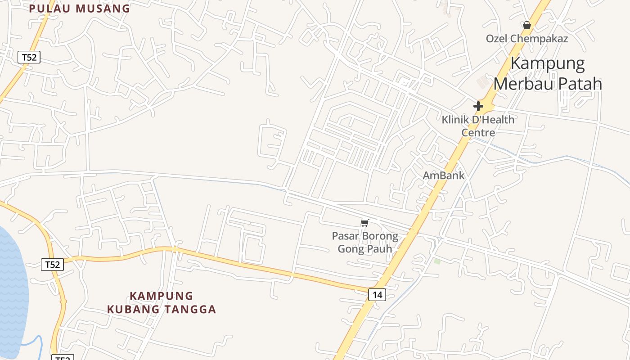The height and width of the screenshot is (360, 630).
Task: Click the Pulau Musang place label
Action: pos(80,9)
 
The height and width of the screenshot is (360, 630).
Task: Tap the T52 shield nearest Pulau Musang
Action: pos(29,57)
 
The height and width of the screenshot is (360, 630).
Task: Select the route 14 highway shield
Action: pos(377,295)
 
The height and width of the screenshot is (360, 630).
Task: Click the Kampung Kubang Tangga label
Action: pos(162,302)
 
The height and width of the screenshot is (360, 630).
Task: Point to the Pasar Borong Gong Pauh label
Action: pos(365,242)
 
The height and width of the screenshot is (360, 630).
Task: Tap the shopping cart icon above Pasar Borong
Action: pos(365,223)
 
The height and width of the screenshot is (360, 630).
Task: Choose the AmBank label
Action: pos(443,175)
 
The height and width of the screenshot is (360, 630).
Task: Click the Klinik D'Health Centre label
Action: pos(478,126)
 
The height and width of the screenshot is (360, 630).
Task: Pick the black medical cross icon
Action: pos(478,106)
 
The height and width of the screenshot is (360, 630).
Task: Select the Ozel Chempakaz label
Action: pos(526,39)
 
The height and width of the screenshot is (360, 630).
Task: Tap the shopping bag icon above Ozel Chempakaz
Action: pos(527,25)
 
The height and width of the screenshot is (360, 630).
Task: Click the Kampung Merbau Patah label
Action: pos(548,74)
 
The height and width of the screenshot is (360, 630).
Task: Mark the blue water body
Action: pos(11,288)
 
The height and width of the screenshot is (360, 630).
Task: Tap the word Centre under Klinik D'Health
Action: pos(478,133)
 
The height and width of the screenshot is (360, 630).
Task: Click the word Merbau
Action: pos(522,84)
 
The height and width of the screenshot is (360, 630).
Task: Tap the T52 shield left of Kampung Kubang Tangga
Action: pos(52,264)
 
